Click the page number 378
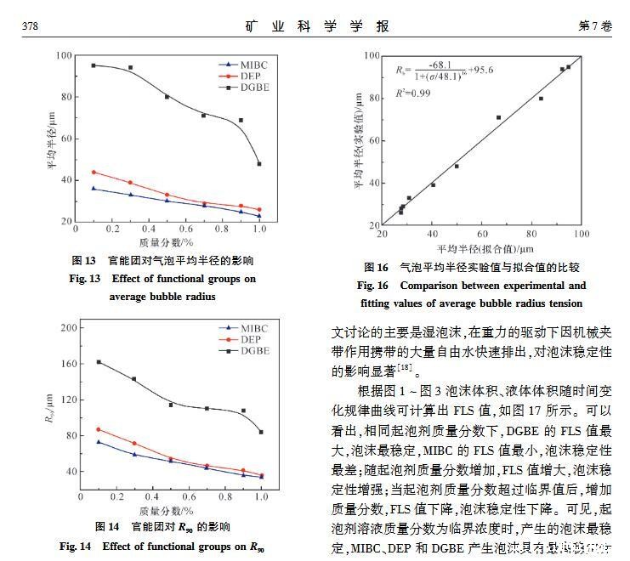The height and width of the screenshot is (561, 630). [31, 26]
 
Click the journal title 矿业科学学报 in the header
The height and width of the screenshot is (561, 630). [315, 25]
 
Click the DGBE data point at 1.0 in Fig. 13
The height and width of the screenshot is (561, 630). [258, 163]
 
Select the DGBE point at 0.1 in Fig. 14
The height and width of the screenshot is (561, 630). [99, 362]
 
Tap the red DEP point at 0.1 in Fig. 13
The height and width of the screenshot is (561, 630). [94, 172]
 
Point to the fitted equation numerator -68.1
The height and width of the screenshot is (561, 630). [440, 64]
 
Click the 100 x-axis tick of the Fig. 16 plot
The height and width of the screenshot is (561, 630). [582, 236]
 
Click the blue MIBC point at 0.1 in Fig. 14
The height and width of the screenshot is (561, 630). [99, 442]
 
